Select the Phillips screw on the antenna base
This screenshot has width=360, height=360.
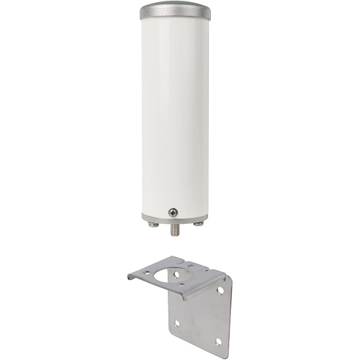(173, 212)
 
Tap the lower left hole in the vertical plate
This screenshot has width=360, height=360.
(176, 323)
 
